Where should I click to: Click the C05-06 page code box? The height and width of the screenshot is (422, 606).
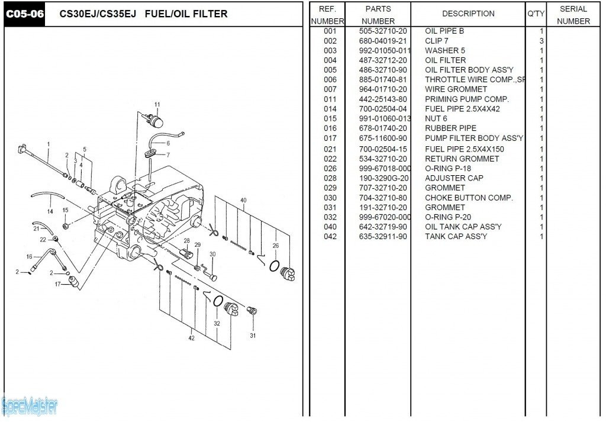coord(24,14)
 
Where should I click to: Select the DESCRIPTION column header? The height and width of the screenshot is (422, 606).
coord(468,14)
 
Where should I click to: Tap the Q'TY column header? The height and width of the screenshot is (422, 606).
coord(536,14)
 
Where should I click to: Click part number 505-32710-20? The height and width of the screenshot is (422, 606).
coord(383,31)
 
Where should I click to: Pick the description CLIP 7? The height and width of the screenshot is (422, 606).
coord(437,41)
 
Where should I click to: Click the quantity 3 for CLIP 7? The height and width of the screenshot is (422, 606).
coord(541,41)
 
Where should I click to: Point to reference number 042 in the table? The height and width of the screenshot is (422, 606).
coord(330,236)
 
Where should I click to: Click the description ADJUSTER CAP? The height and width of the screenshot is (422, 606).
coord(454,178)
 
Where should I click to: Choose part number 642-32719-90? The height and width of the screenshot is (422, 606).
coord(383,227)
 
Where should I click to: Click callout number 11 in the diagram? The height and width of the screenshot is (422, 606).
coord(157,105)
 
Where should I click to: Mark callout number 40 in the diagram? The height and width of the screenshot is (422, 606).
coord(243,200)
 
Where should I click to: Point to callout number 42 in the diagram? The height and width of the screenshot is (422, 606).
coord(191,338)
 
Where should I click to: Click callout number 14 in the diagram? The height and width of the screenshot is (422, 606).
coord(50,211)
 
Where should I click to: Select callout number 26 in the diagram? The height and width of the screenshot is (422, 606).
coord(275,245)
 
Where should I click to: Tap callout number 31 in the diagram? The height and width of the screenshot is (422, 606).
coord(253,336)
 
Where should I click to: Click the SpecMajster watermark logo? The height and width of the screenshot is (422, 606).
coord(30,406)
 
